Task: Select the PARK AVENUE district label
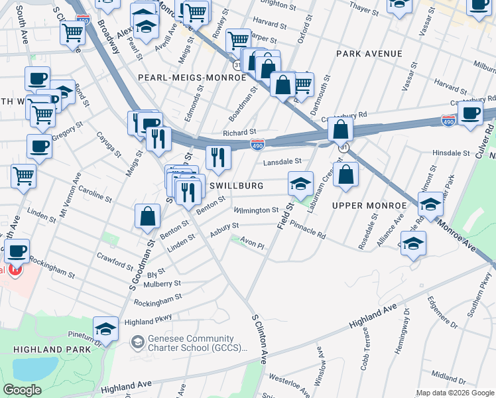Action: [x=369, y=53]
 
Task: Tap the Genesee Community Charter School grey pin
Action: [x=138, y=342]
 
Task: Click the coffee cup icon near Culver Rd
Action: [x=471, y=113]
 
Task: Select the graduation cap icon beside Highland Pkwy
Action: [x=105, y=328]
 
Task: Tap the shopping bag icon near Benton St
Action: [x=147, y=216]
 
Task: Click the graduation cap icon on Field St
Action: [x=300, y=183]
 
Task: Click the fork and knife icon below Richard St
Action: [x=217, y=157]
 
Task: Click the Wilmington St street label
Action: [x=256, y=210]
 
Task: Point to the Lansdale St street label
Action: [x=282, y=161]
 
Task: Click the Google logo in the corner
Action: [x=22, y=390]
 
